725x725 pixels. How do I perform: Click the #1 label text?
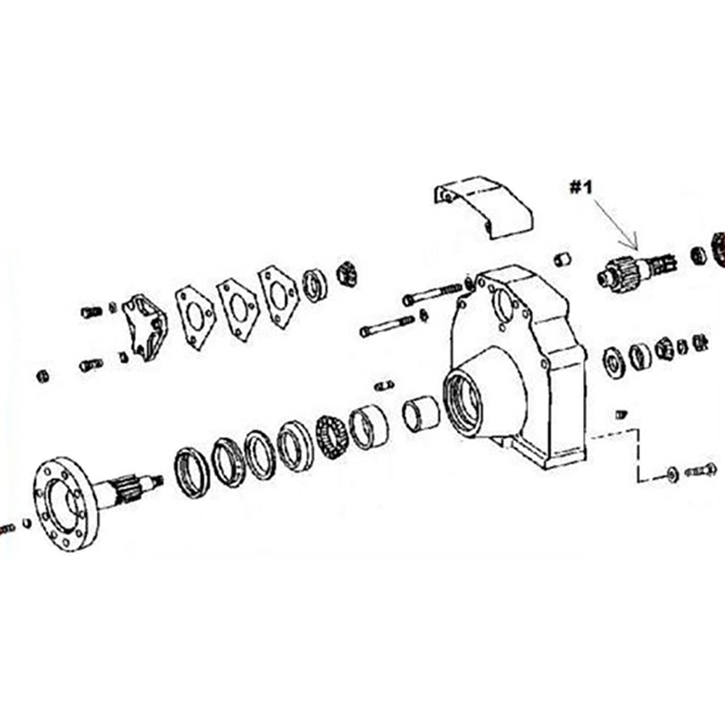tap(581, 188)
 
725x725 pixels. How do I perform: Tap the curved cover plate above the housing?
tap(483, 207)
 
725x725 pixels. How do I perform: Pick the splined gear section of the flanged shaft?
tap(125, 491)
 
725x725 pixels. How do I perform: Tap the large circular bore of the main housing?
tap(462, 402)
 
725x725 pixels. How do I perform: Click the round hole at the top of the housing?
tap(504, 303)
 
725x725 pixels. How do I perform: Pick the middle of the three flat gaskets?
tap(237, 308)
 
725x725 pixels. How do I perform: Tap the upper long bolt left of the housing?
tap(432, 294)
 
